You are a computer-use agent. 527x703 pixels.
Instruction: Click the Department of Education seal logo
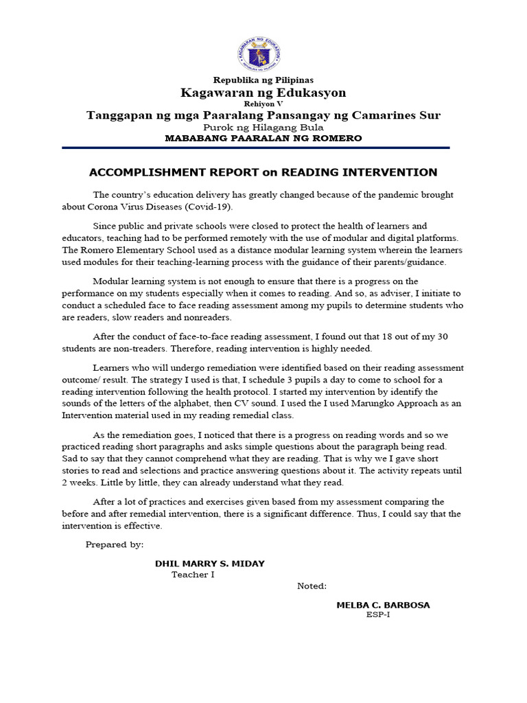[x=263, y=51]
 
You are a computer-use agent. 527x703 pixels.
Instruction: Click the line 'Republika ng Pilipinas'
[x=263, y=80]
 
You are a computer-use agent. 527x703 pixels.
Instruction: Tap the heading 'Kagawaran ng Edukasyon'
[x=263, y=93]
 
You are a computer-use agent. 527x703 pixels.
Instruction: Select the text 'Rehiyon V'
[x=263, y=104]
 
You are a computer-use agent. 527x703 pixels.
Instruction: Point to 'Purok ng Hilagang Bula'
[x=263, y=127]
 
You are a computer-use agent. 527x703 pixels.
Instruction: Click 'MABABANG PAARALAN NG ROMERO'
[x=263, y=138]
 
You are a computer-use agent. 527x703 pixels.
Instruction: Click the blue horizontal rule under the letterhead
[x=255, y=148]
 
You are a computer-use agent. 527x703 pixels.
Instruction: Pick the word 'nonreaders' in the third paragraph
[x=209, y=317]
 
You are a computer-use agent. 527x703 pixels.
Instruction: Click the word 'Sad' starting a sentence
[x=70, y=458]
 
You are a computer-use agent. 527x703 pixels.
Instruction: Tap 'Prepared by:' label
[x=115, y=544]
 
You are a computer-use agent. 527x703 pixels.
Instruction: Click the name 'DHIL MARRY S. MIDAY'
[x=209, y=564]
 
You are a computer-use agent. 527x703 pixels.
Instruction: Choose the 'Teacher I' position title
[x=193, y=575]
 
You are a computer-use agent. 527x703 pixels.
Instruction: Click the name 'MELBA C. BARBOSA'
[x=383, y=605]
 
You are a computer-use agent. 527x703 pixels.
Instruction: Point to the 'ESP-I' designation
[x=378, y=614]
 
